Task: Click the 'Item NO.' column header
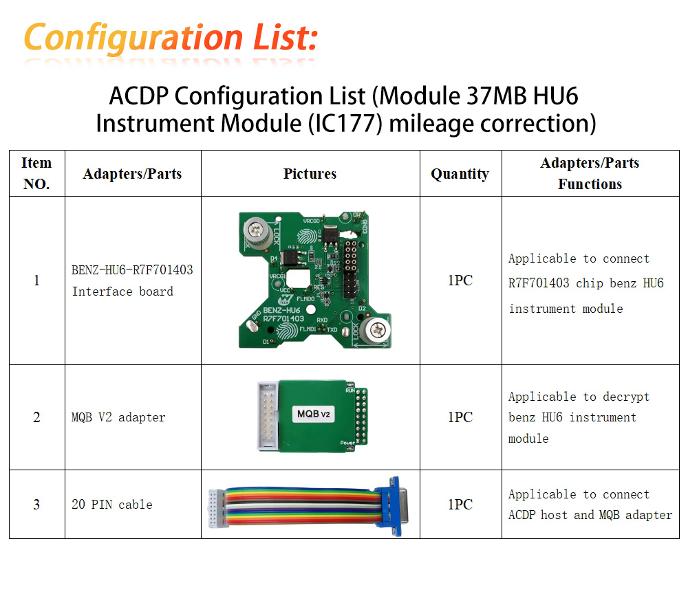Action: (36, 173)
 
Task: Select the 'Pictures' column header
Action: (310, 174)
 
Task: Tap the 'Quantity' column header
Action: (460, 174)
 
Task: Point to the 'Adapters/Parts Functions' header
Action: (590, 173)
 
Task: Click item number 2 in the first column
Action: (36, 417)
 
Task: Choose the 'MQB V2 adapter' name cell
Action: (118, 417)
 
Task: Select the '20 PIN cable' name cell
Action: (112, 504)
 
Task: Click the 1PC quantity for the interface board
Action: (460, 280)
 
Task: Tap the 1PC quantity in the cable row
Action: (460, 504)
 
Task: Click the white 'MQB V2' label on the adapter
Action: (314, 414)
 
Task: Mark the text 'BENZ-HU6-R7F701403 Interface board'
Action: (132, 280)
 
